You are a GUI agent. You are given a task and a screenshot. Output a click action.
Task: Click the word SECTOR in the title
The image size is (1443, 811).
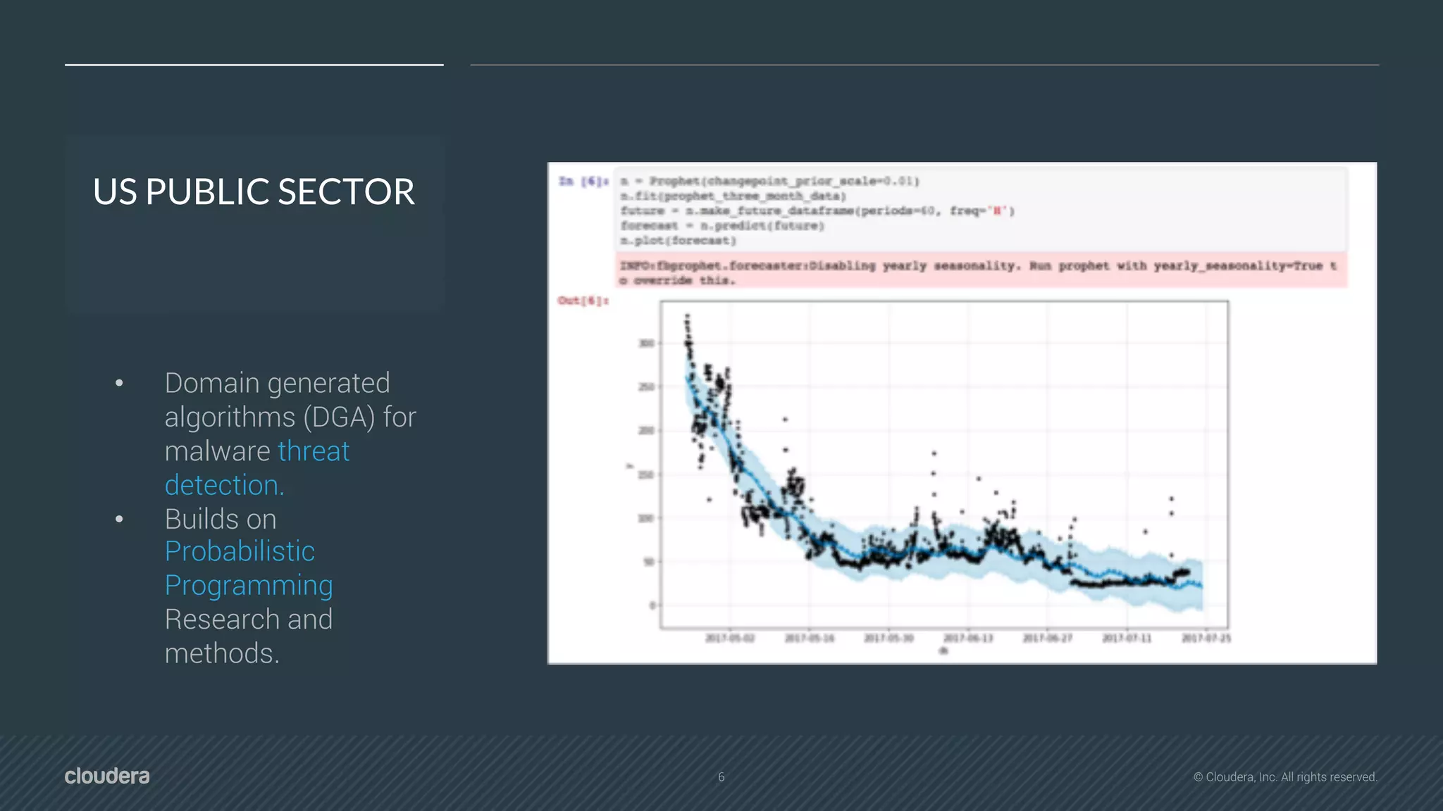point(346,192)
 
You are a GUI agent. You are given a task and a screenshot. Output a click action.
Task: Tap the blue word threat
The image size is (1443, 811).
point(314,451)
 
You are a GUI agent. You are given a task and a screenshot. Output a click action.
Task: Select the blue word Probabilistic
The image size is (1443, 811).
point(240,552)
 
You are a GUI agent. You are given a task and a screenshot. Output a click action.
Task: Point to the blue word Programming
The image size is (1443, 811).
point(249,586)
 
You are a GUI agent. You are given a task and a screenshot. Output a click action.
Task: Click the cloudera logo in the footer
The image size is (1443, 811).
point(107,776)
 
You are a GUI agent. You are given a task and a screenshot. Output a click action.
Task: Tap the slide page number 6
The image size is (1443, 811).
point(721,777)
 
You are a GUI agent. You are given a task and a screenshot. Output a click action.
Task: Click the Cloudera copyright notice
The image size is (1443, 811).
point(1285,777)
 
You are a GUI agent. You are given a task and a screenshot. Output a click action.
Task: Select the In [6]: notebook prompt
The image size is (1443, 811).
point(583,182)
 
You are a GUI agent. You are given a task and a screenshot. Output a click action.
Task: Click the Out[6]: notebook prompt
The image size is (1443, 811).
point(583,301)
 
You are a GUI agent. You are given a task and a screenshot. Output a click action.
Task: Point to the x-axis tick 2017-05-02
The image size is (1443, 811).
point(730,639)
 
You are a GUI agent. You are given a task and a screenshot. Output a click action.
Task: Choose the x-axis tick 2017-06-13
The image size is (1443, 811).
point(968,639)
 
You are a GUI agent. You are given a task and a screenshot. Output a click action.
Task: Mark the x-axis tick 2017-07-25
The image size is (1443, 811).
point(1206,639)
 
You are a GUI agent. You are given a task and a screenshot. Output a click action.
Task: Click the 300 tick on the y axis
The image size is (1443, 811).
point(646,344)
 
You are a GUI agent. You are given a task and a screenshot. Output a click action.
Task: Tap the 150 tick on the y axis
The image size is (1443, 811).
point(646,475)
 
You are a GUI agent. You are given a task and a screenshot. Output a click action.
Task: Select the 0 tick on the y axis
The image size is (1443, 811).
point(652,605)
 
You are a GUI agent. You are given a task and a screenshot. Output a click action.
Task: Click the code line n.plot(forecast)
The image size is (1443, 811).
point(678,241)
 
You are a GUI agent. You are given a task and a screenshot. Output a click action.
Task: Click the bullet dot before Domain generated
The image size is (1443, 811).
point(119,383)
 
